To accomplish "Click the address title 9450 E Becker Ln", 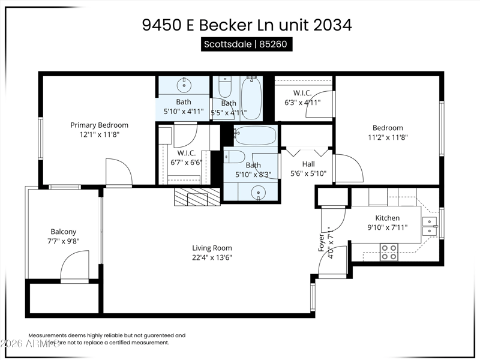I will click(247, 25).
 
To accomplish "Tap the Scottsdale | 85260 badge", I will click(247, 45).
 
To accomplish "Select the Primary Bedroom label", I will click(100, 125).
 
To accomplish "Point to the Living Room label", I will click(212, 248).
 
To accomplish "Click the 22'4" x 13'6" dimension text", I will click(212, 258).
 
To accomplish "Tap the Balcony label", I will click(63, 232).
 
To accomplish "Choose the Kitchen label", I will click(387, 218).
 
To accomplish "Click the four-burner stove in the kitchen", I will click(389, 251).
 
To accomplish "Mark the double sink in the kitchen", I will click(430, 226).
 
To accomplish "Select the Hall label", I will click(308, 164).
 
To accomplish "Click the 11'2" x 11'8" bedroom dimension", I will click(388, 137).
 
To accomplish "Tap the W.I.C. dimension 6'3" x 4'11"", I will click(302, 103).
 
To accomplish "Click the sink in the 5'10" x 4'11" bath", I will click(184, 83).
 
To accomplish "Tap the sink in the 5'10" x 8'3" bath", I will click(258, 192).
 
